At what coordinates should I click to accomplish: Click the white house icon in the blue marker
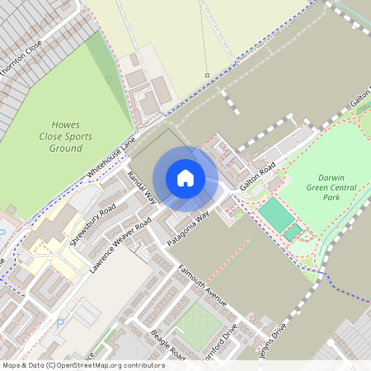[185, 177]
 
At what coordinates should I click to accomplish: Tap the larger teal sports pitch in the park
[276, 215]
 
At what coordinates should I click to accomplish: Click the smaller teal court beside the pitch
[293, 232]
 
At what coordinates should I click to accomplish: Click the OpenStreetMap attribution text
[82, 365]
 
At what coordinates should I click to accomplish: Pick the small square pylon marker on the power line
[207, 76]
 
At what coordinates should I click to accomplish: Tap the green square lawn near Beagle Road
[194, 325]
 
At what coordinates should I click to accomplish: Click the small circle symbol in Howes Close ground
[107, 79]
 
